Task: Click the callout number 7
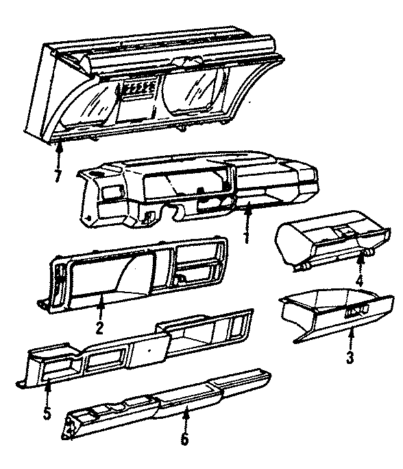[x=58, y=177]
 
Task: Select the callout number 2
[x=100, y=328]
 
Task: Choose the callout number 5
[x=47, y=414]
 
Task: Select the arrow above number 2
[x=101, y=306]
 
